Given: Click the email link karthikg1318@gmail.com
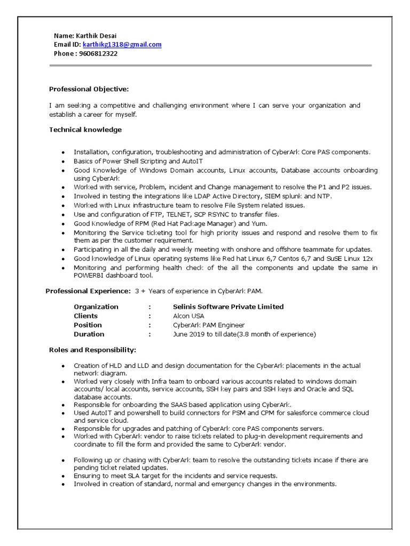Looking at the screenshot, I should [122, 45].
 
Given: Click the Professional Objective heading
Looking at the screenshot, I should [89, 89].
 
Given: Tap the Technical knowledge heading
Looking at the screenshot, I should [85, 130].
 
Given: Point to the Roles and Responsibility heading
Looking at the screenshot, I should [92, 350].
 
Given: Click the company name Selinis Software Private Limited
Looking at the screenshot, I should [228, 307].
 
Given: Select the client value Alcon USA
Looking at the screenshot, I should [188, 316].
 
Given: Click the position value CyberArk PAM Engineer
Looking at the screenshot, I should [209, 325].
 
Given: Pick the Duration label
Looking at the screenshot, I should [89, 334].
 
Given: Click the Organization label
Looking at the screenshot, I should [96, 307].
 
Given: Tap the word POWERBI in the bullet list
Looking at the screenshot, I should [90, 275].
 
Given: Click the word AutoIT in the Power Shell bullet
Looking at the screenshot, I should [192, 161].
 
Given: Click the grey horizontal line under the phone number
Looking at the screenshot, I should [210, 66].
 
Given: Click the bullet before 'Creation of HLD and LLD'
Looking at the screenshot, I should [63, 366].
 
